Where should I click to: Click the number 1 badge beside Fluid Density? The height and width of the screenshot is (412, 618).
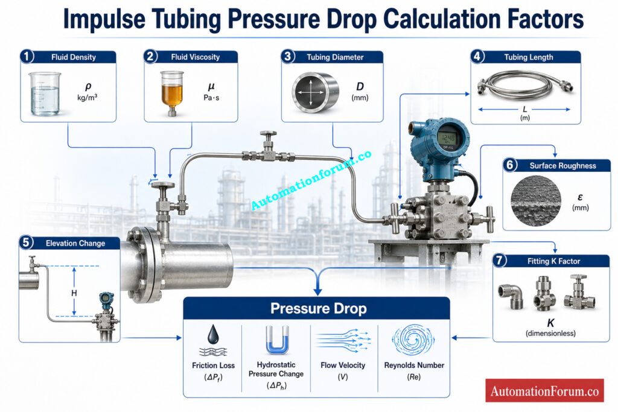click(x=27, y=56)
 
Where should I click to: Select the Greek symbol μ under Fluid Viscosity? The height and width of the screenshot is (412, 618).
click(x=211, y=86)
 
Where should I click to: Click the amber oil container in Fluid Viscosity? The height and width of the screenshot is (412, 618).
click(x=172, y=93)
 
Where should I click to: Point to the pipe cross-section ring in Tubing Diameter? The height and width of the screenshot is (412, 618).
click(x=315, y=92)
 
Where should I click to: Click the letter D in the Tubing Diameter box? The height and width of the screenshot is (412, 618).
click(x=360, y=86)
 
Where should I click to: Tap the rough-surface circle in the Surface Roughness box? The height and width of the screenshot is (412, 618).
click(x=536, y=201)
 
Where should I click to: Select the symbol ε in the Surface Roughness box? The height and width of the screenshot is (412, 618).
click(x=580, y=197)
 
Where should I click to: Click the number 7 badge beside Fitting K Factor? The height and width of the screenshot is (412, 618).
click(x=499, y=261)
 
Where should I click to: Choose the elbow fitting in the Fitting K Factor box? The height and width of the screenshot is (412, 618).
click(x=512, y=296)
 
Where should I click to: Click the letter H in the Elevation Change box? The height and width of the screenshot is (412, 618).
click(x=74, y=293)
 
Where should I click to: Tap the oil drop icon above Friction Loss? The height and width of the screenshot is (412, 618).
click(x=213, y=334)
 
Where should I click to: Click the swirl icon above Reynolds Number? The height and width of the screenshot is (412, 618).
click(x=413, y=340)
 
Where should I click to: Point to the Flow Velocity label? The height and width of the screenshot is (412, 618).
click(x=343, y=365)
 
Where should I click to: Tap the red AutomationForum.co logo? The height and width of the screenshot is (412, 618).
click(x=544, y=390)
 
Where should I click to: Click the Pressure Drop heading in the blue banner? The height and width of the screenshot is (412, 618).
click(x=318, y=308)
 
